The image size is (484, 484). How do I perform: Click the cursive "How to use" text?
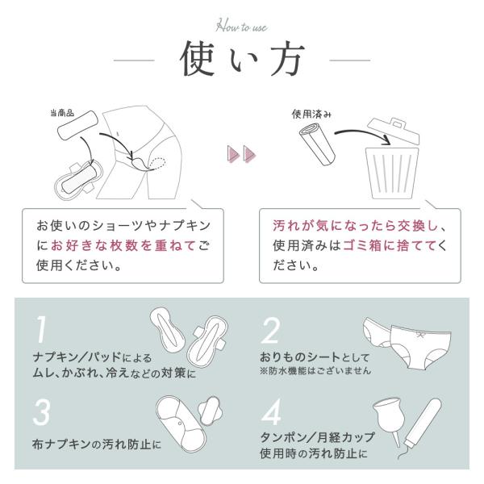[x=241, y=26]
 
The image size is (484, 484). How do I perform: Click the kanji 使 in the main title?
[x=198, y=59]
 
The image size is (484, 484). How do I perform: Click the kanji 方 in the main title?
[x=286, y=59]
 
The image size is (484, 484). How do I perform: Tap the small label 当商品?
[x=62, y=113]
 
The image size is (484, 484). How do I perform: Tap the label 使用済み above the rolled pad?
[x=311, y=115]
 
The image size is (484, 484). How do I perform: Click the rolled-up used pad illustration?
[x=317, y=144]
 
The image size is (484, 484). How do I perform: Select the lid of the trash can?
[x=394, y=131]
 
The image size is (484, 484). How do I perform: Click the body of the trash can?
[x=392, y=173]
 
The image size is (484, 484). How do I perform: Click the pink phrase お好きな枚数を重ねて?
[x=123, y=246]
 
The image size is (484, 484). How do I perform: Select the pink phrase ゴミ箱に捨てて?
[x=390, y=246]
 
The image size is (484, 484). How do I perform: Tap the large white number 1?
[x=41, y=329]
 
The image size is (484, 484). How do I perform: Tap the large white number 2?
[x=270, y=331]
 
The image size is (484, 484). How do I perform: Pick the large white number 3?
[x=41, y=412]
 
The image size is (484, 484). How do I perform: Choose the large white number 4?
[x=271, y=411]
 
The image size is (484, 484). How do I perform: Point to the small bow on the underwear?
[x=419, y=334]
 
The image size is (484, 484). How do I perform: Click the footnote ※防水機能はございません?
[x=315, y=370]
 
